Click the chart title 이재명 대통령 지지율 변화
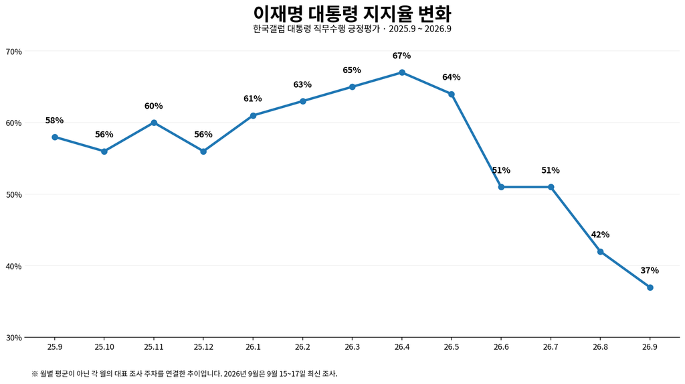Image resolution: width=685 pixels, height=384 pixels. [x=352, y=13]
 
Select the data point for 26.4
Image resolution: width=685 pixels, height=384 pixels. [x=402, y=72]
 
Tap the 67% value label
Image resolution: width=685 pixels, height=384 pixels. [x=402, y=56]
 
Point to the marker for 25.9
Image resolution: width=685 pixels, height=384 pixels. [x=55, y=137]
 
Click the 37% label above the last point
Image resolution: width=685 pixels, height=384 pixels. [x=650, y=271]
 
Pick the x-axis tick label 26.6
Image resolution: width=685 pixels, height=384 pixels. [x=501, y=346]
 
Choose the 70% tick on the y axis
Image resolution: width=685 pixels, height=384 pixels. [x=14, y=52]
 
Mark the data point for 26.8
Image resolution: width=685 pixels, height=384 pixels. [x=600, y=252]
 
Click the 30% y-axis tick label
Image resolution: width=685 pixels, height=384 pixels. [x=14, y=338]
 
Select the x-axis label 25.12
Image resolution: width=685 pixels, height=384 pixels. [x=203, y=346]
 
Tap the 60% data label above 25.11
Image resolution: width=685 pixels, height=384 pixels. [x=154, y=106]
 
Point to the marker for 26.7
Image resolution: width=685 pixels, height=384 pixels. [x=551, y=188]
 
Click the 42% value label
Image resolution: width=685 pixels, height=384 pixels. [x=600, y=235]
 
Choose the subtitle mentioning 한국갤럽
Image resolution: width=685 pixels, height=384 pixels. [x=352, y=29]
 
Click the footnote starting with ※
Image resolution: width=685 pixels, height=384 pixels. [x=185, y=374]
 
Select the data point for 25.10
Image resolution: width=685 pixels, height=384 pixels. [x=104, y=151]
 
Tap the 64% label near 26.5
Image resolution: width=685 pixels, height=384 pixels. [x=452, y=77]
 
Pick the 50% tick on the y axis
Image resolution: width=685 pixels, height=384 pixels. [x=14, y=194]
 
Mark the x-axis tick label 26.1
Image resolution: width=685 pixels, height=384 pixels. [x=253, y=346]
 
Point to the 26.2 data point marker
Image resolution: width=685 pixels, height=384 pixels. [x=303, y=101]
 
